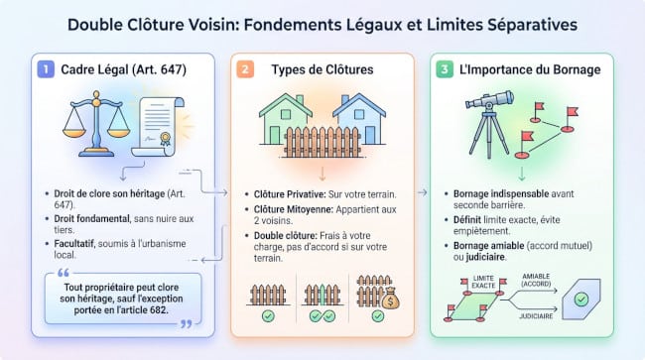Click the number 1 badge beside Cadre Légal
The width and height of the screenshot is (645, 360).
(43, 70)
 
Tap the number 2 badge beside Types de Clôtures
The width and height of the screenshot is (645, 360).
(245, 70)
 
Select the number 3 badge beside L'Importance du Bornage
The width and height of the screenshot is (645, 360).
(447, 70)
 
